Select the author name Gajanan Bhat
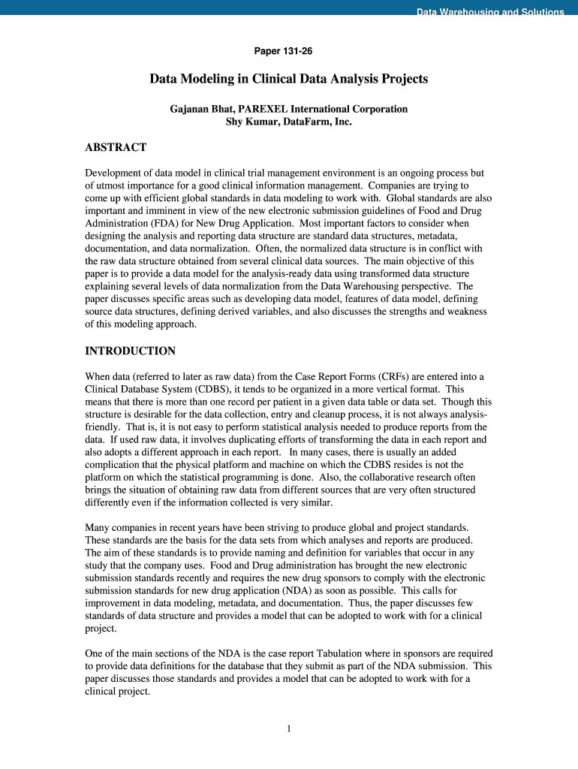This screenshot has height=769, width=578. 201,109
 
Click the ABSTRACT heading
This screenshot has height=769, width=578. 116,147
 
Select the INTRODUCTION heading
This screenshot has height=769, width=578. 131,351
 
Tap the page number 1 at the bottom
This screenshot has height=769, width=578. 289,728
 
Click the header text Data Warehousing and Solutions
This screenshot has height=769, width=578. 490,12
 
